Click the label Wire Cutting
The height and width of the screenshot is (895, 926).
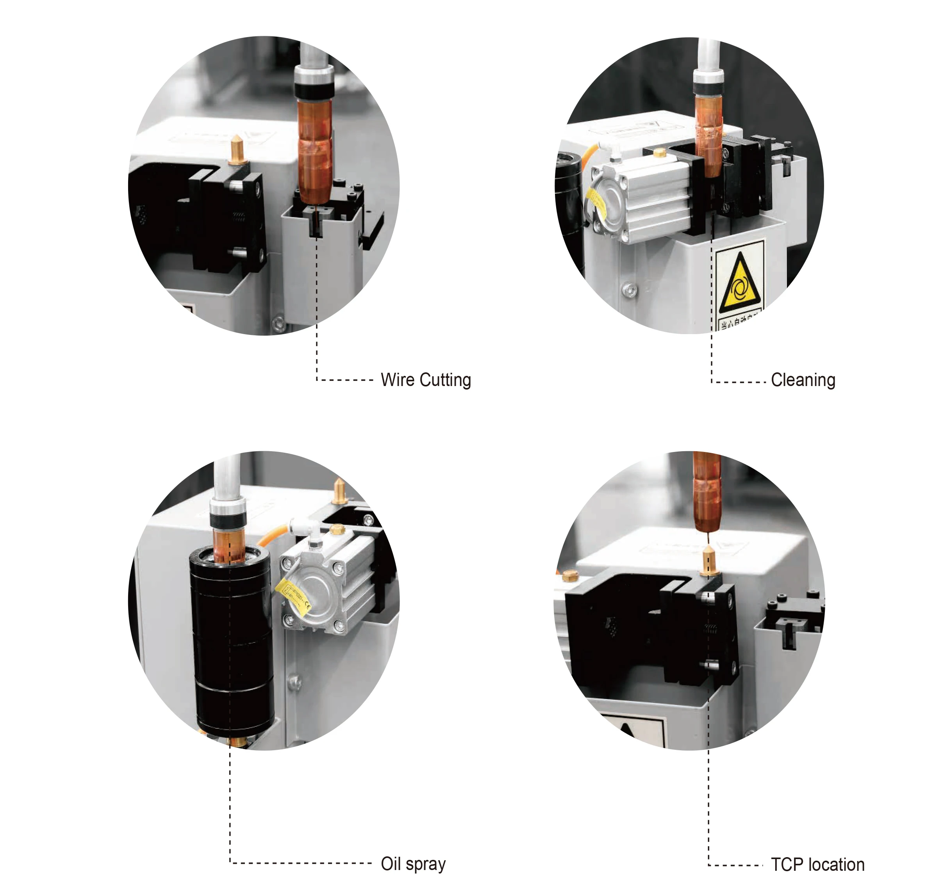(425, 380)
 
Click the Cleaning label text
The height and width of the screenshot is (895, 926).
(803, 380)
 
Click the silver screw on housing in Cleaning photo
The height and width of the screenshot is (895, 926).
(628, 289)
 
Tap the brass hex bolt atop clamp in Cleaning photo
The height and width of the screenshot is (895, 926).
(660, 153)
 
